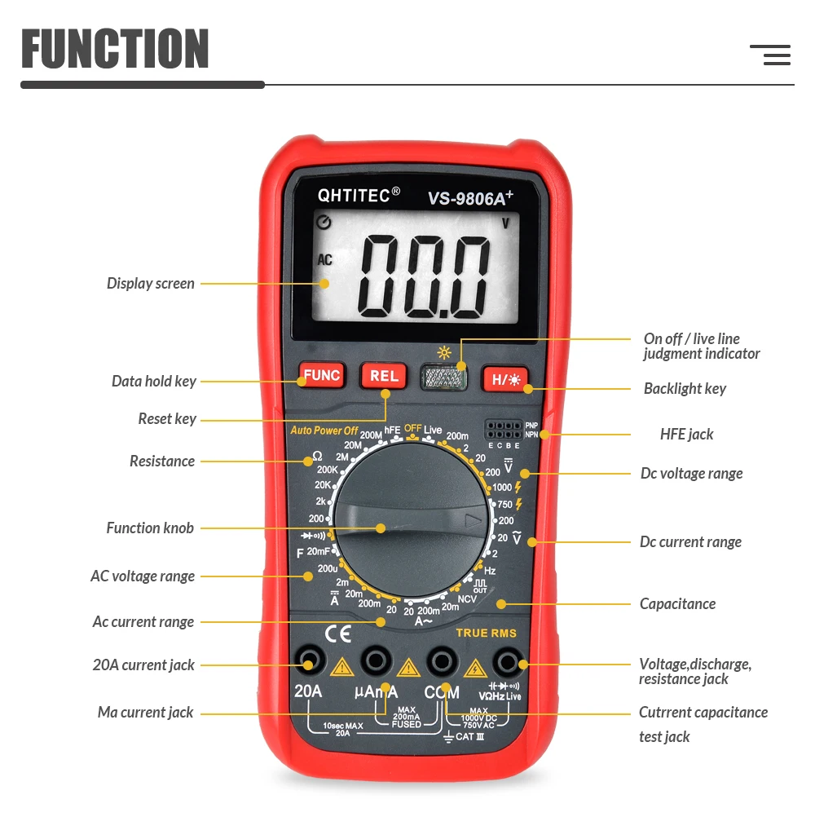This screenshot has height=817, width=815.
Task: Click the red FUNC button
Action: coord(322,376)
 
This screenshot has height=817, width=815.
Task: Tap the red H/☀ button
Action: coord(505,379)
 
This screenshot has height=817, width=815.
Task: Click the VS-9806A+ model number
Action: coord(471,197)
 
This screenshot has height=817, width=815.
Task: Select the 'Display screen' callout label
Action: coord(151,284)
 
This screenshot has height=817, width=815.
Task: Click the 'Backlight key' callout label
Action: coord(685,389)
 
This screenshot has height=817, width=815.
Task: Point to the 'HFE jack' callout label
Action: coord(686,435)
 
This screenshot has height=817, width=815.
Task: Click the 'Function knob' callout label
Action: coord(150,528)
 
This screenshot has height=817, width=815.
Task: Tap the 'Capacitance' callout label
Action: coord(677,604)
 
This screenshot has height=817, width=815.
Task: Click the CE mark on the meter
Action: coord(338,634)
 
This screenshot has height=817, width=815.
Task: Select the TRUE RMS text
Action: coord(486,633)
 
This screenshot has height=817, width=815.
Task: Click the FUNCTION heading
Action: coord(115,49)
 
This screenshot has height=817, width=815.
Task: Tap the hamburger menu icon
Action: coord(770,55)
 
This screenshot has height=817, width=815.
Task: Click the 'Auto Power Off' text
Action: coord(324,431)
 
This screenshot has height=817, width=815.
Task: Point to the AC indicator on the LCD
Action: coord(325,260)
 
